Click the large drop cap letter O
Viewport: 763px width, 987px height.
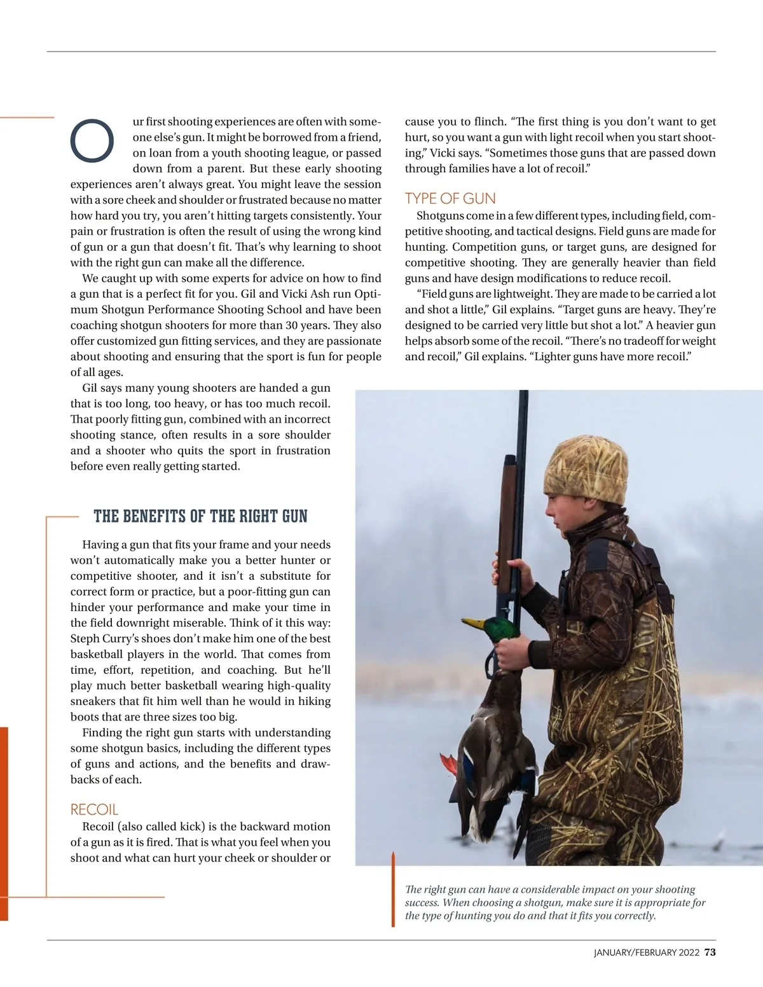pos(92,140)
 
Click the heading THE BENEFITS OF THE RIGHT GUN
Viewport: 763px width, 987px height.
pos(200,516)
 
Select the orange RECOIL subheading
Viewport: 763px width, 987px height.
pos(94,809)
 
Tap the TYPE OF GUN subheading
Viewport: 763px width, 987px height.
pos(450,199)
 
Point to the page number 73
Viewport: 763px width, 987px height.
pos(710,952)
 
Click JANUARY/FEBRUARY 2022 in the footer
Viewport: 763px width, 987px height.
pos(646,953)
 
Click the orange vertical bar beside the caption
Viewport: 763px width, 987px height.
pos(394,891)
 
